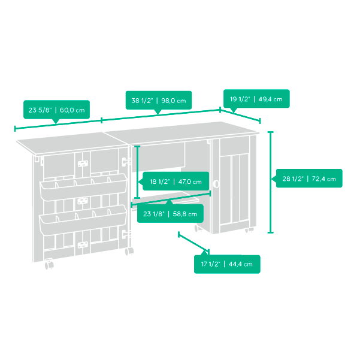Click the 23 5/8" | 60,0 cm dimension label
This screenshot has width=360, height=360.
56,110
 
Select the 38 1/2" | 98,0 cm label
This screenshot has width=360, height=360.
159,100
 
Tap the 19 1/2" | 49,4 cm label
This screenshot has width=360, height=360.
256,99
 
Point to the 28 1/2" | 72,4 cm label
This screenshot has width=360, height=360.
309,179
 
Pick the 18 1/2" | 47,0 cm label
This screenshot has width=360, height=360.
176,181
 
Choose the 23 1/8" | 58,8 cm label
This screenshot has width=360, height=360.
170,214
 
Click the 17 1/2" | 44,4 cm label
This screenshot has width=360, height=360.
227,264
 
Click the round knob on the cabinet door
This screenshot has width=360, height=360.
216,184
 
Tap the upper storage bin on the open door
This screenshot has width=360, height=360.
83,187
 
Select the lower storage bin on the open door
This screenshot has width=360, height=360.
83,220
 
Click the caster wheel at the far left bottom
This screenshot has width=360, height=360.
49,265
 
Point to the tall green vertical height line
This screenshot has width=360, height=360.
271,182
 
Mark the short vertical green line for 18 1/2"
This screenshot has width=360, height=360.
137,172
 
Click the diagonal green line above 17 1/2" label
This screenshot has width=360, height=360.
193,242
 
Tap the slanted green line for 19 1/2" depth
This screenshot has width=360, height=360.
240,115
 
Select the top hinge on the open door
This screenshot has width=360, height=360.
125,162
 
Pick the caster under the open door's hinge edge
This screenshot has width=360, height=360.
129,251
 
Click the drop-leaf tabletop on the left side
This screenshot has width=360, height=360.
72,143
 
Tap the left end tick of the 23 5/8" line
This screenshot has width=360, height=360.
15,129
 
